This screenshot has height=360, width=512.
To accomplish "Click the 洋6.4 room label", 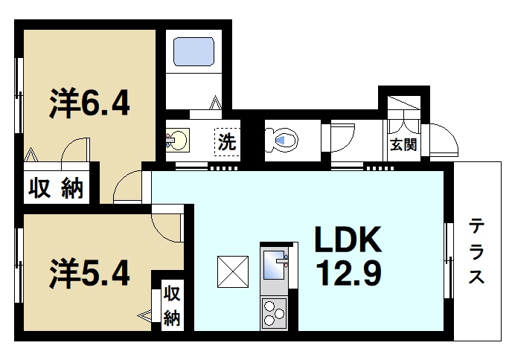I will pos(91,104).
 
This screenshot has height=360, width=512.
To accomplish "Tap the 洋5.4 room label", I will pos(91,272).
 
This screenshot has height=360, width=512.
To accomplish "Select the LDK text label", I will pos(347,240).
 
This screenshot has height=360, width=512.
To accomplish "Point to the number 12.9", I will pos(347,274).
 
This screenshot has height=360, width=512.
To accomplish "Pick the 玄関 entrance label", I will pos(403,144).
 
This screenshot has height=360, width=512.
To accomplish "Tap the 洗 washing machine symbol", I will pos(226,141).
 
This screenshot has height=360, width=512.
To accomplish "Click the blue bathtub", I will pos(193,52).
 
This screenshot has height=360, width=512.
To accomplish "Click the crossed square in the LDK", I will pos(232,271).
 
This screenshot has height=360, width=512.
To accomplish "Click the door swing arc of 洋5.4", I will pos(170,226).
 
